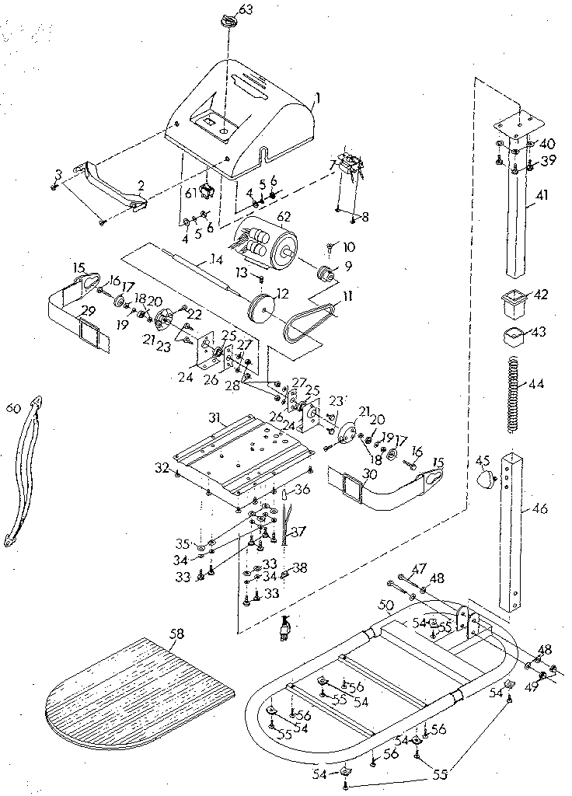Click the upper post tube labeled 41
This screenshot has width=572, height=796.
click(x=516, y=225)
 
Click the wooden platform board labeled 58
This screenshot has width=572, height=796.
click(x=140, y=688)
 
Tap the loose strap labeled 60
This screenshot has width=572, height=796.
click(x=23, y=470)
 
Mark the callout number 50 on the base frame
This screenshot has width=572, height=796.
click(x=382, y=605)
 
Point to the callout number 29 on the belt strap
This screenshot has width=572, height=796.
click(x=88, y=311)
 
